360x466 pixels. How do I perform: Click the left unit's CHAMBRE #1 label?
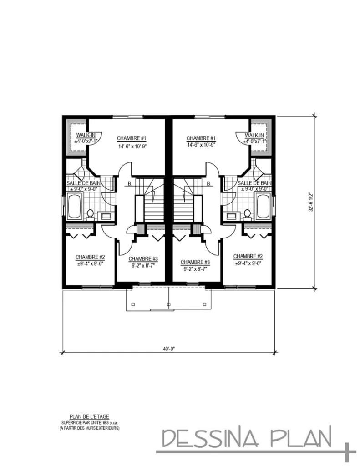132,138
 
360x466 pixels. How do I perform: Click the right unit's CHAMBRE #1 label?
201,138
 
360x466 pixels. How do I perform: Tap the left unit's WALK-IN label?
86,135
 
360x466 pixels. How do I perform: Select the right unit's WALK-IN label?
254,136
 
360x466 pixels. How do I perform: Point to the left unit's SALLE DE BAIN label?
83,183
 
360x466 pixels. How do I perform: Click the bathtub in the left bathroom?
75,206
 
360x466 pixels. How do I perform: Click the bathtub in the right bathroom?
264,206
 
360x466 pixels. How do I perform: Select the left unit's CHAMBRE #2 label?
90,257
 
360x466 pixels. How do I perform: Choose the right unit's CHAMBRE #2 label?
248,256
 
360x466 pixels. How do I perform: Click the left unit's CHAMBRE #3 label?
143,259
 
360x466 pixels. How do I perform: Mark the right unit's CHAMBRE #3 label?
195,262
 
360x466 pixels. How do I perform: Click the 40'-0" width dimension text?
169,349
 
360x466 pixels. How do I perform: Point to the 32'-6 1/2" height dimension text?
311,202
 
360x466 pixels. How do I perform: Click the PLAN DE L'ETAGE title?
89,417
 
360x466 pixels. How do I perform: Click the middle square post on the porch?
168,304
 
